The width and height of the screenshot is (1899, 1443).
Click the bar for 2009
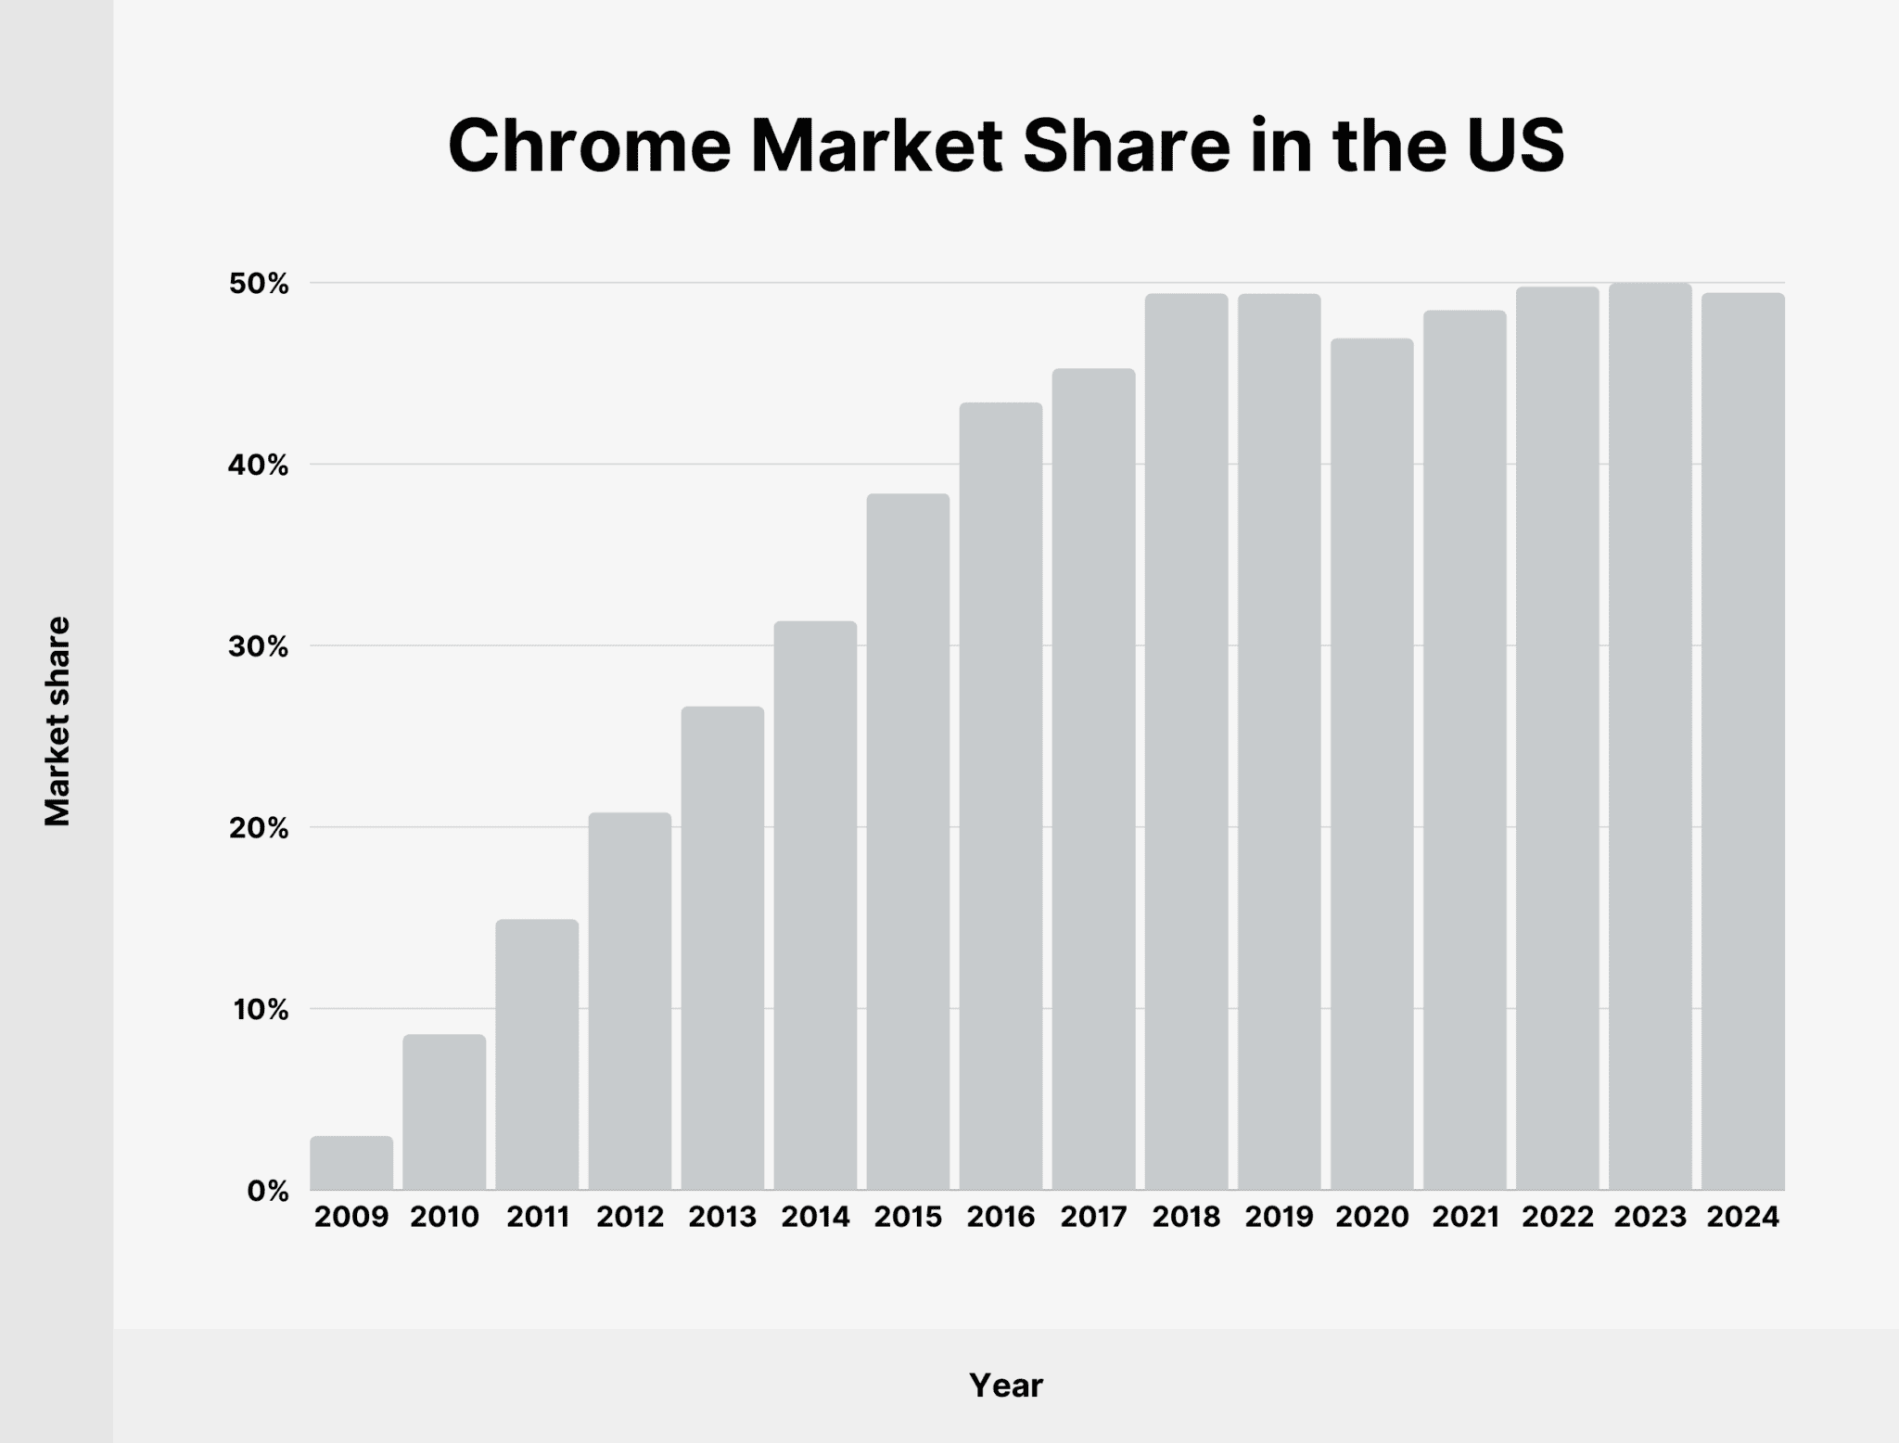pyautogui.click(x=351, y=1163)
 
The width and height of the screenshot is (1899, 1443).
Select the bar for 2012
pyautogui.click(x=630, y=1002)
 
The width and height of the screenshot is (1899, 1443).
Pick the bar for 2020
pyautogui.click(x=1372, y=764)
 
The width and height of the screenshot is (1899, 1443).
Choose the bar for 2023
pyautogui.click(x=1650, y=736)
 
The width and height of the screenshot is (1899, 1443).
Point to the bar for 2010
pyautogui.click(x=444, y=1112)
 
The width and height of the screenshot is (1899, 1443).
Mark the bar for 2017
pyautogui.click(x=1093, y=779)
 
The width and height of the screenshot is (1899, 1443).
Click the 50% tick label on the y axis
pyautogui.click(x=259, y=284)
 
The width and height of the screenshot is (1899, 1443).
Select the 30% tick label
pyautogui.click(x=259, y=646)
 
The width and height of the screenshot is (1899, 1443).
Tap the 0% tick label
pyautogui.click(x=268, y=1191)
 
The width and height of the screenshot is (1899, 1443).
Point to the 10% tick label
pyautogui.click(x=261, y=1009)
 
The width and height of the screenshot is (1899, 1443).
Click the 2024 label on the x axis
pyautogui.click(x=1743, y=1217)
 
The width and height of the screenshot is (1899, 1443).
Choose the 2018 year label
pyautogui.click(x=1186, y=1217)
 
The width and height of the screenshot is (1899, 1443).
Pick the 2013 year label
pyautogui.click(x=722, y=1217)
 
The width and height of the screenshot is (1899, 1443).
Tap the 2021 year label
pyautogui.click(x=1465, y=1217)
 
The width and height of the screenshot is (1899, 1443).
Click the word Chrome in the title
pyautogui.click(x=590, y=147)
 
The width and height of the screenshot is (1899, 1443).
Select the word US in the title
pyautogui.click(x=1515, y=147)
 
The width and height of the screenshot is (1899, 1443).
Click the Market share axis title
pyautogui.click(x=57, y=721)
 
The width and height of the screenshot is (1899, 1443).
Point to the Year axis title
pyautogui.click(x=1006, y=1386)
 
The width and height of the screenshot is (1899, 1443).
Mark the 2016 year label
pyautogui.click(x=1000, y=1217)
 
